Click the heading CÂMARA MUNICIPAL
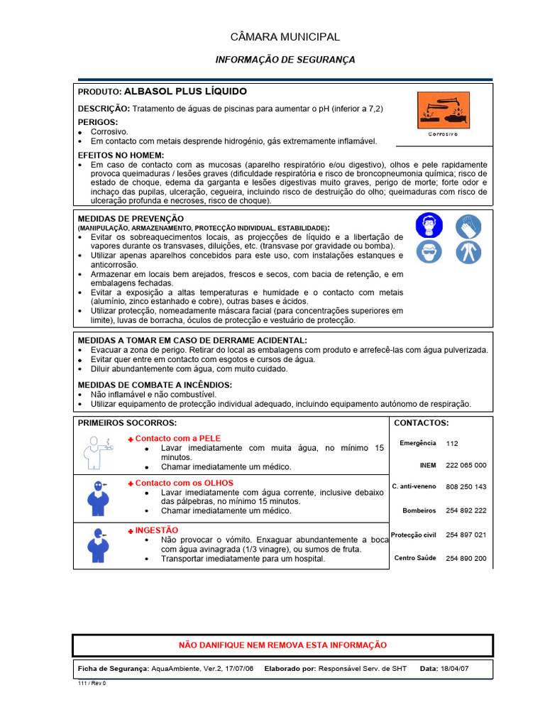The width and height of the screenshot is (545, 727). pos(285,37)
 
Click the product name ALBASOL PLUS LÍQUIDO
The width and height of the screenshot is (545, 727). pos(185,92)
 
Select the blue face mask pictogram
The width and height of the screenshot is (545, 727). pos(429,225)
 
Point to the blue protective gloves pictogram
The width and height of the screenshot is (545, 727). pos(468,225)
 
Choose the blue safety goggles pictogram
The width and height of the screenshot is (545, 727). pos(429,251)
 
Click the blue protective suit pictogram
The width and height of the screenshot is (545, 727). pos(468,251)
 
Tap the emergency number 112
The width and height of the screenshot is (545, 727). pos(452,443)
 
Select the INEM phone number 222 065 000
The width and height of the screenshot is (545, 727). pos(466,465)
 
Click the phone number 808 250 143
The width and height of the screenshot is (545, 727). pos(466,487)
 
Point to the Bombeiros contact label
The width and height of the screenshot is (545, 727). pos(419,510)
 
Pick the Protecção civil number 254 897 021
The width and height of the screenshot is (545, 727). pos(466,535)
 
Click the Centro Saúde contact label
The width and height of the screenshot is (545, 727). pos(415,559)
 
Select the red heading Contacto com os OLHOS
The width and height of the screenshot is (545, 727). pos(184,483)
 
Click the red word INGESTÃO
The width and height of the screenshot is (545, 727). pos(157,530)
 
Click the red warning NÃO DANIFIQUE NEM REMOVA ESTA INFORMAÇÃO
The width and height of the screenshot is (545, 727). pos(282,645)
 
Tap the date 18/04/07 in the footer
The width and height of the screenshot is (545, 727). pos(455,669)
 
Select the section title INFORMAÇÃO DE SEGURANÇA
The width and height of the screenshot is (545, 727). pos(285,60)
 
